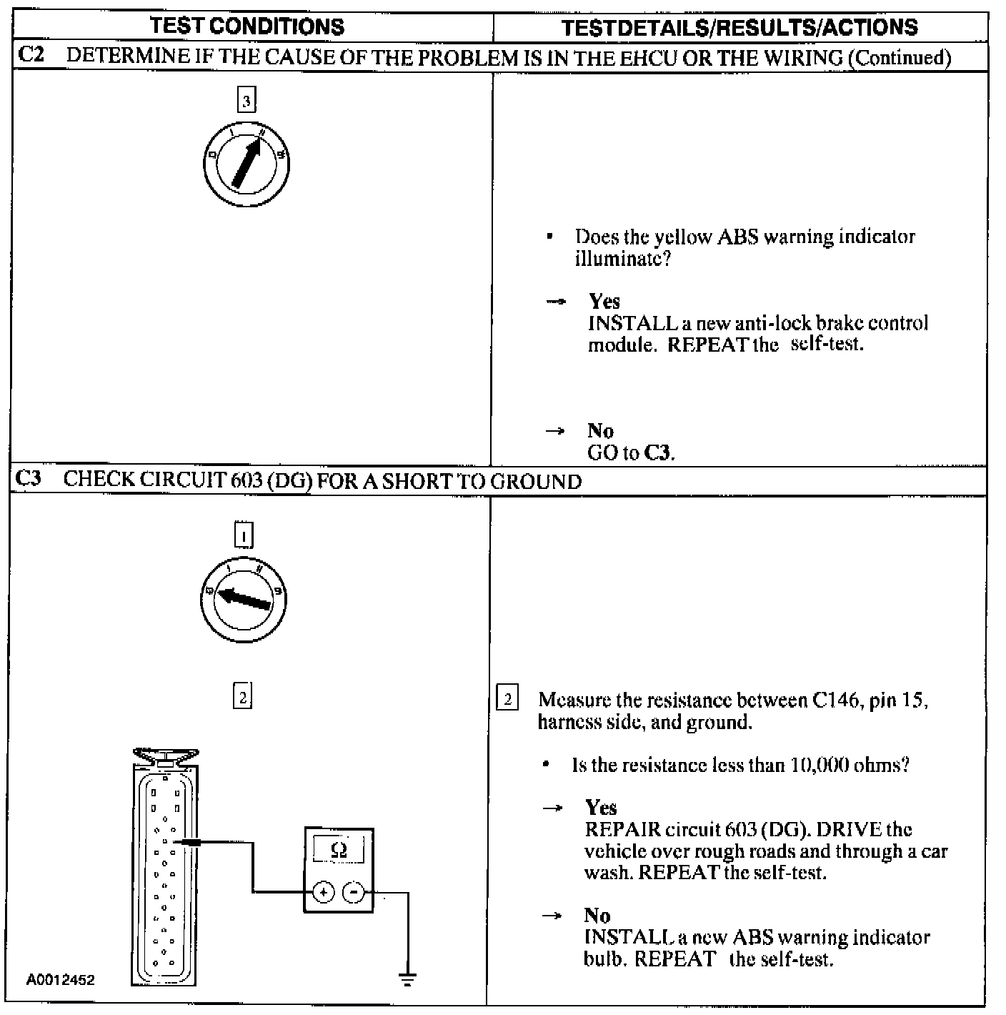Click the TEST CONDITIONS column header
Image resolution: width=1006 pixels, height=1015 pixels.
click(x=247, y=26)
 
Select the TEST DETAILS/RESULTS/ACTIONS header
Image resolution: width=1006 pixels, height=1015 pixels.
click(x=739, y=27)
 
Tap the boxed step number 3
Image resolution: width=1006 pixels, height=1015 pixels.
click(x=246, y=101)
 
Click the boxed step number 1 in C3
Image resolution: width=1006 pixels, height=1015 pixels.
click(x=244, y=535)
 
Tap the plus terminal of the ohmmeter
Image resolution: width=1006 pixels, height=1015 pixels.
click(x=324, y=893)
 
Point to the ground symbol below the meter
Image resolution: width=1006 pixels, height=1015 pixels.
click(x=407, y=979)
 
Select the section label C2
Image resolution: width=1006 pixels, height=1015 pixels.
click(x=31, y=56)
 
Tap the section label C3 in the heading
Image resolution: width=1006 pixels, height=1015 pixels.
click(x=29, y=479)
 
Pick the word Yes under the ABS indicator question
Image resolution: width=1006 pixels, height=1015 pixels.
click(x=604, y=301)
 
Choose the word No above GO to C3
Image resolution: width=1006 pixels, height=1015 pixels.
click(x=600, y=430)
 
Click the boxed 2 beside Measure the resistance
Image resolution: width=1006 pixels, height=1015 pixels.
click(x=507, y=698)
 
